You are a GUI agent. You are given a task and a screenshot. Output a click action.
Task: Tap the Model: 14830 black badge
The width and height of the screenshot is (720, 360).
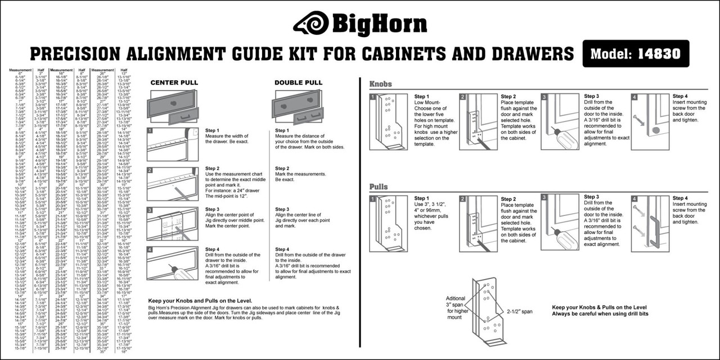click(x=635, y=53)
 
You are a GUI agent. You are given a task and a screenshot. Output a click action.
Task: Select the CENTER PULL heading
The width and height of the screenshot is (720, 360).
click(x=174, y=83)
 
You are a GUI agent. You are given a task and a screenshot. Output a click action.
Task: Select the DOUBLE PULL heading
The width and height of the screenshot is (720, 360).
click(x=298, y=83)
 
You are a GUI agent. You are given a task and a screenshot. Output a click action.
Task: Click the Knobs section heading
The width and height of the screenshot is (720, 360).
click(x=381, y=84)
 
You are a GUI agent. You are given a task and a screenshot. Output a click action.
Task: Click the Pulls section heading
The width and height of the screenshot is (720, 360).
click(x=379, y=187)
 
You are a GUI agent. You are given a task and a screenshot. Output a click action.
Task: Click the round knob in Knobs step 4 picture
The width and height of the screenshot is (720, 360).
click(x=656, y=130)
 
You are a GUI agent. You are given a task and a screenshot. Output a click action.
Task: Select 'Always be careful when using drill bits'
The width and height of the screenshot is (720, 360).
click(x=606, y=315)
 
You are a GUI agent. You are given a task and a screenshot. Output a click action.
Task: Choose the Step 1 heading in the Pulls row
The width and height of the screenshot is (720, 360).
click(x=422, y=199)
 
